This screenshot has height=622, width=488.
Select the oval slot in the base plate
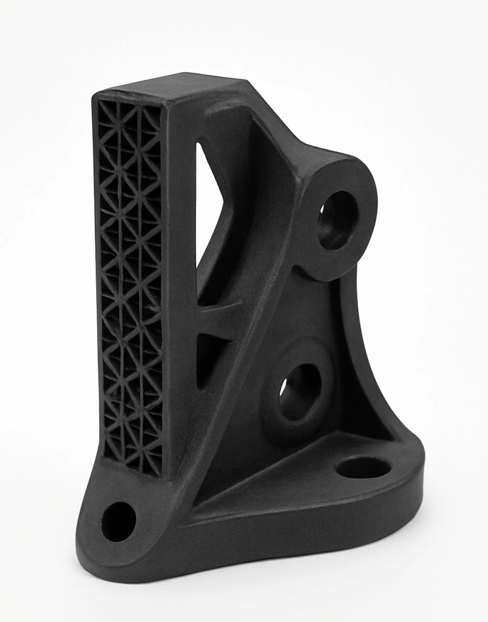[363, 467]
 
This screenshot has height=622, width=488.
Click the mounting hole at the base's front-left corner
[118, 521]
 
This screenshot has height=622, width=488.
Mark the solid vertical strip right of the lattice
[178, 285]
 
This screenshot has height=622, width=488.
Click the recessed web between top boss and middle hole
[314, 314]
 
